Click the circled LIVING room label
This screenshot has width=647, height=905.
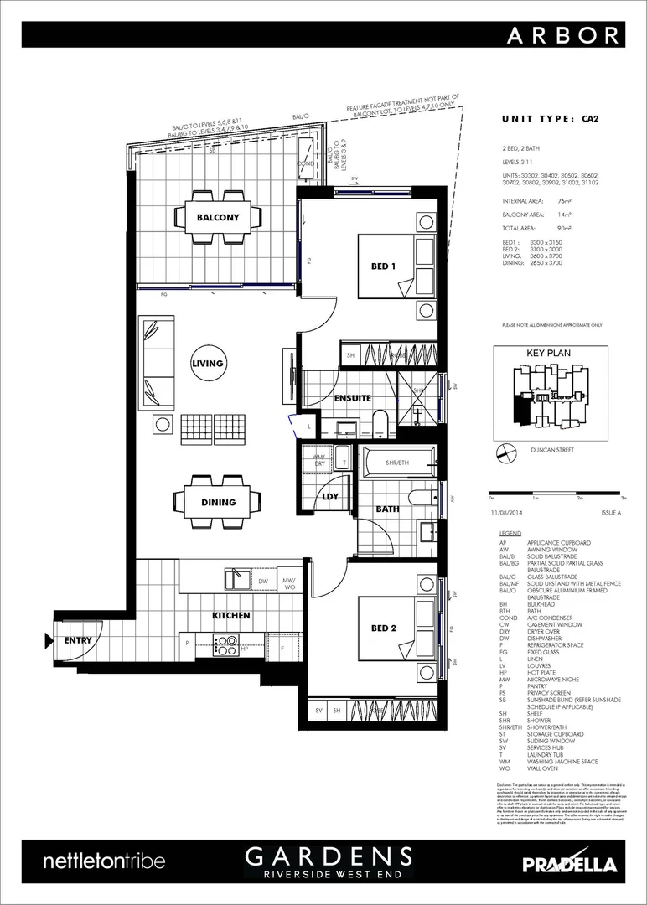click(207, 364)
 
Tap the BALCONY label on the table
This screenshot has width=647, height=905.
click(218, 217)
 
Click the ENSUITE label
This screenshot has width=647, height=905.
click(352, 398)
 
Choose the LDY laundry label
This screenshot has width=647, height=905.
click(330, 497)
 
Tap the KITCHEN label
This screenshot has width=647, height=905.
click(230, 616)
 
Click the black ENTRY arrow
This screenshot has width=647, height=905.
click(50, 641)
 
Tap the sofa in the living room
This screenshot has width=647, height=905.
click(158, 362)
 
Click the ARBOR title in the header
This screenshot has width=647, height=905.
click(564, 34)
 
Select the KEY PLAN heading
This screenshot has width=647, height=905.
click(548, 353)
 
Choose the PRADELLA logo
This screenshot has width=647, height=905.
click(570, 864)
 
